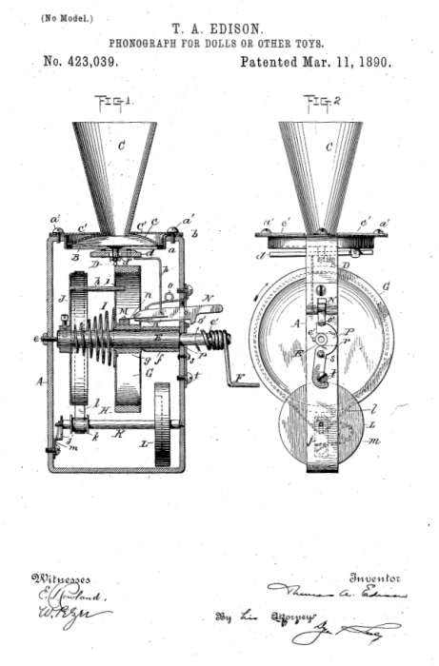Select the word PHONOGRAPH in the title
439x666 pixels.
(150, 43)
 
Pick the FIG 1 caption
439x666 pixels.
(114, 101)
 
